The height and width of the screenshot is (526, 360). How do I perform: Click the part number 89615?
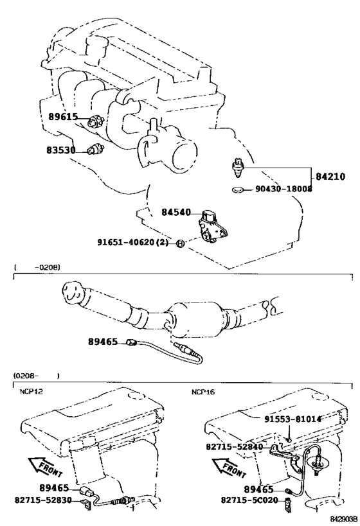coord(63,117)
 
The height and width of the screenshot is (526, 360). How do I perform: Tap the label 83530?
coord(61,150)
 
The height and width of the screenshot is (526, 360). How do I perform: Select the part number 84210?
coord(330,177)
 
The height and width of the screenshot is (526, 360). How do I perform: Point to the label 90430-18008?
coord(283,189)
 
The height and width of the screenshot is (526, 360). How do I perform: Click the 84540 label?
coord(176,212)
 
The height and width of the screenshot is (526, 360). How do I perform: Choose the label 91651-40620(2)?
coord(133,242)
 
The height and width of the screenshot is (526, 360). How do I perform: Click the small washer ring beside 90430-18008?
coord(237,190)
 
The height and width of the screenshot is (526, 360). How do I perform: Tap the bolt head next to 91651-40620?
coord(179,243)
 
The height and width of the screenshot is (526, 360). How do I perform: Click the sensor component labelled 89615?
coord(95,121)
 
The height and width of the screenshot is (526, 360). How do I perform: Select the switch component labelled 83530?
coord(94,150)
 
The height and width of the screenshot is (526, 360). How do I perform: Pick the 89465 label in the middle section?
coord(103,342)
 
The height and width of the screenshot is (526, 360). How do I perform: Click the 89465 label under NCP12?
coord(54,488)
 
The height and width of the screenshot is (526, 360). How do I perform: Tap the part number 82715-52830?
coord(43,500)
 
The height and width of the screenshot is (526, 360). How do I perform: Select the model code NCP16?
coord(203,392)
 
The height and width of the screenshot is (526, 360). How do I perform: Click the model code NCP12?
coord(31,392)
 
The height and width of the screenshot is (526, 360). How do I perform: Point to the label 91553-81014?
coord(292,419)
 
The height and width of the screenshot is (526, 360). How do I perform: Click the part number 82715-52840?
coord(234,447)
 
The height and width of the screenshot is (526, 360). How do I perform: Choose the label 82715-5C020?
coord(249,500)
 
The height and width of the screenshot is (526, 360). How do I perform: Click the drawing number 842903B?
coord(343,519)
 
